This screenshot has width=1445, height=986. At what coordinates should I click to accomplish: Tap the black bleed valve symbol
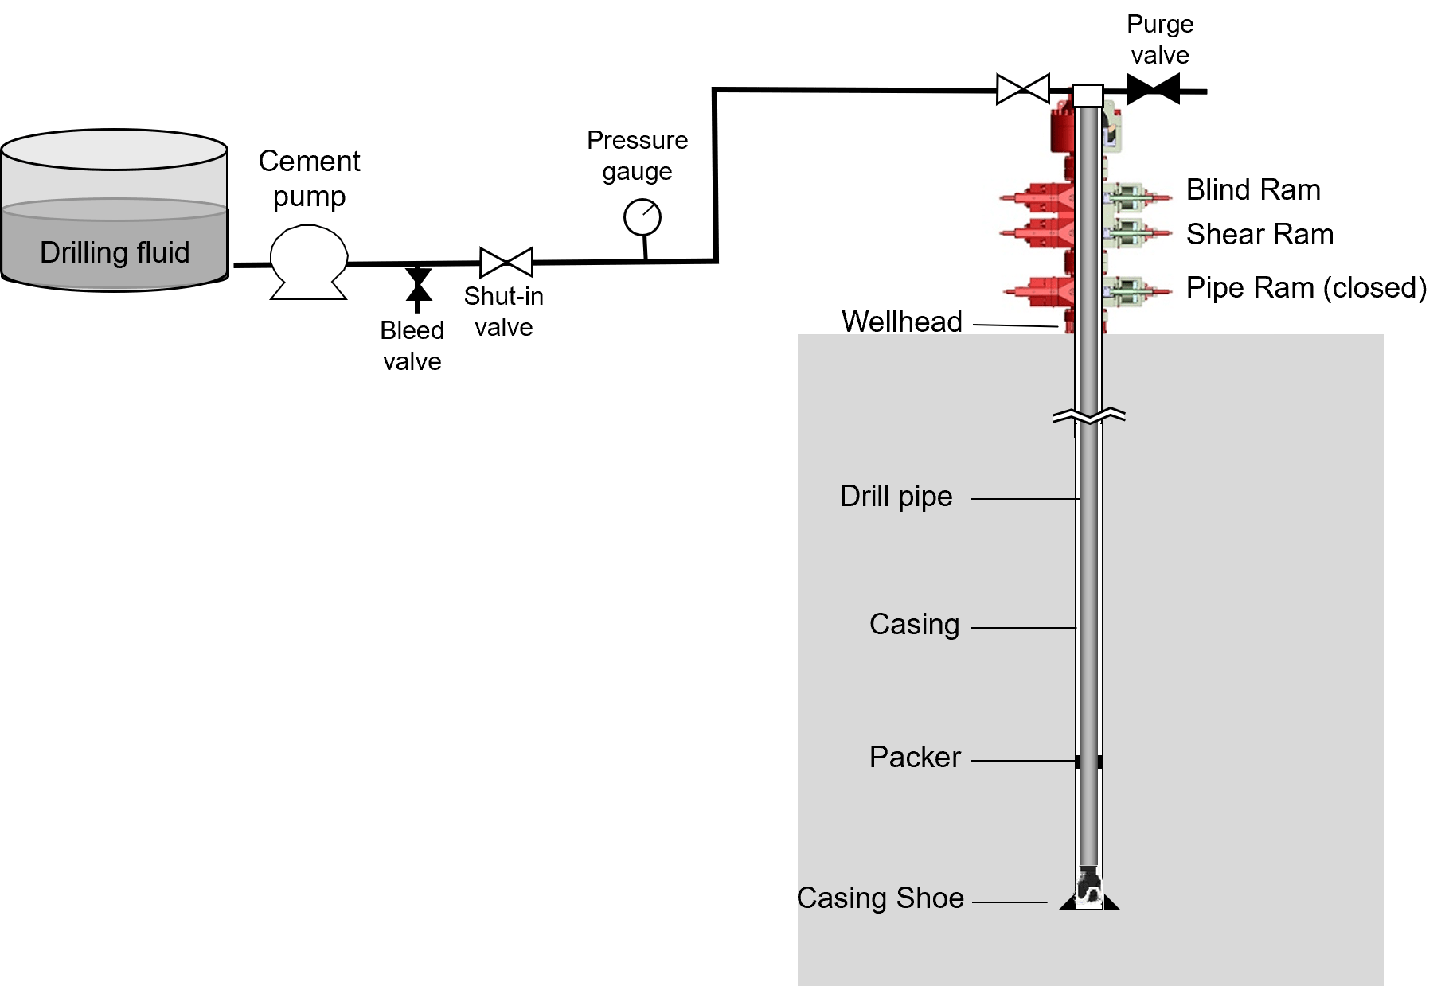click(418, 286)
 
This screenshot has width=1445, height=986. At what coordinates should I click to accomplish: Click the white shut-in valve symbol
click(506, 263)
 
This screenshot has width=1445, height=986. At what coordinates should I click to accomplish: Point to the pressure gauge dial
click(642, 217)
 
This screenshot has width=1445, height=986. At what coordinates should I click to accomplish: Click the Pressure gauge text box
click(637, 155)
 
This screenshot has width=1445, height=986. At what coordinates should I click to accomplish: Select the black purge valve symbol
click(1153, 90)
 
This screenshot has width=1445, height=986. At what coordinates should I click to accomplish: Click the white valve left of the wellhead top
click(1023, 89)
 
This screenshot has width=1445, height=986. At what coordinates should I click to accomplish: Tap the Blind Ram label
click(1253, 190)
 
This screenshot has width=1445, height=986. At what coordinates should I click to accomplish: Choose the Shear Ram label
click(1259, 235)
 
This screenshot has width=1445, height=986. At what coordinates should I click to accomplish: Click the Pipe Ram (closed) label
click(1306, 287)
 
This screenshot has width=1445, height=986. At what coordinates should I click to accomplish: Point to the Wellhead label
click(902, 322)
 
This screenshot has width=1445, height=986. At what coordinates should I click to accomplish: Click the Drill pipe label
click(896, 496)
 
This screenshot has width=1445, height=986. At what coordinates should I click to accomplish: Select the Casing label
click(914, 624)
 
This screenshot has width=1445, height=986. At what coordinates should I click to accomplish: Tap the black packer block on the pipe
click(1088, 762)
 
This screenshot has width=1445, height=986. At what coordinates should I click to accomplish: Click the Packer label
click(915, 757)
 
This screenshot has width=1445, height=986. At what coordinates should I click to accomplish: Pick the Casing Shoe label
click(880, 898)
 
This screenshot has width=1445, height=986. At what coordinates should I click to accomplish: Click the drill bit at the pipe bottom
click(1088, 888)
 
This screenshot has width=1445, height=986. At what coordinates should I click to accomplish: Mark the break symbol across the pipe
click(1088, 415)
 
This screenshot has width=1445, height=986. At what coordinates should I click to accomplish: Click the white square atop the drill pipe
click(1088, 95)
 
